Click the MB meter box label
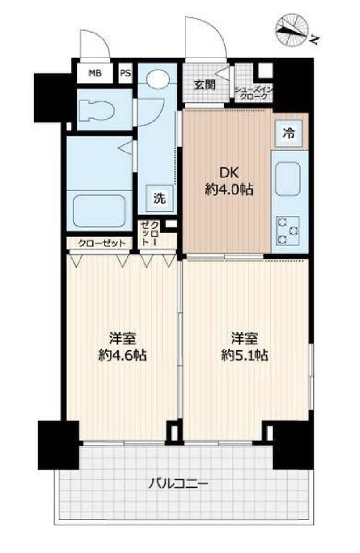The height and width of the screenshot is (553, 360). tap(95, 73)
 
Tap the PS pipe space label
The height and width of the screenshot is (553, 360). tap(125, 73)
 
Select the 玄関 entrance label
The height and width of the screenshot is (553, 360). tap(205, 85)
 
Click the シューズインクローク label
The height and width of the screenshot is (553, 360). tap(253, 93)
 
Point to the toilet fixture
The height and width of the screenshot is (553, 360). tap(98, 110)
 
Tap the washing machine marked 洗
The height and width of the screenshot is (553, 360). tap(160, 198)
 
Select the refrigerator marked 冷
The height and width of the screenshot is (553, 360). tap(289, 134)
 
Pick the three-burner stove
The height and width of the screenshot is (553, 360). tap(288, 230)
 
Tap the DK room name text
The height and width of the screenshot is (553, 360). tap(229, 173)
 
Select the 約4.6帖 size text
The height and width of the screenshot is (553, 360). tap(122, 355)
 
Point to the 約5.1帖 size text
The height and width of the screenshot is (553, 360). tap(245, 355)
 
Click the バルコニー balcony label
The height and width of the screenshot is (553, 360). tap(178, 484)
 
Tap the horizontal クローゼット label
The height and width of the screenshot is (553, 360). tap(102, 243)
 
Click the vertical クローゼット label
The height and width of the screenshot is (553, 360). tap(150, 233)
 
